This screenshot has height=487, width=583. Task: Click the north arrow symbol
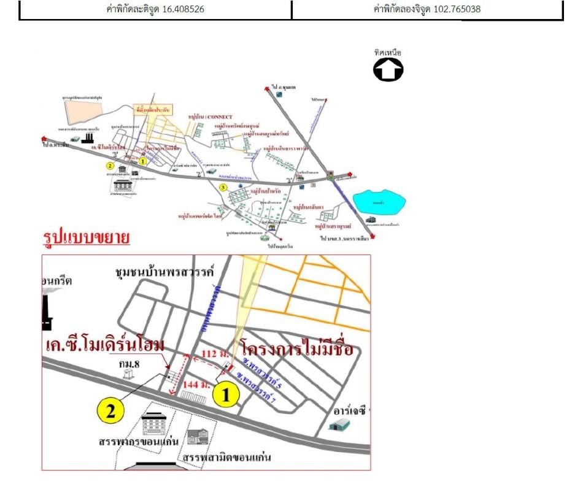(x=388, y=70)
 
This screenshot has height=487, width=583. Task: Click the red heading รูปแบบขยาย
(x=86, y=238)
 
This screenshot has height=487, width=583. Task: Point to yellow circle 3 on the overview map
(x=223, y=186)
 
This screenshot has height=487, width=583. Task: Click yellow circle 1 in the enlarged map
(x=226, y=396)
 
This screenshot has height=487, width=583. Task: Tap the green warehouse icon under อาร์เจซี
(x=339, y=424)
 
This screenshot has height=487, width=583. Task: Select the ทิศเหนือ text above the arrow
(x=388, y=53)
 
